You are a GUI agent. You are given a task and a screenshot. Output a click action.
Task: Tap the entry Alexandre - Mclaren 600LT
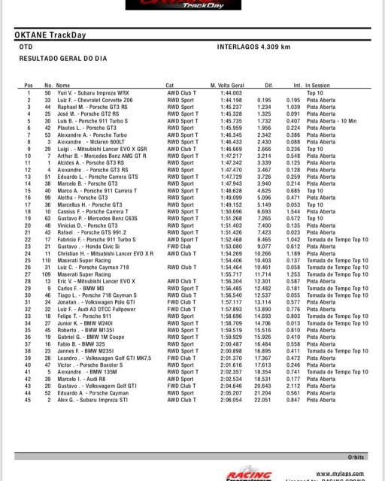point(89,142)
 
